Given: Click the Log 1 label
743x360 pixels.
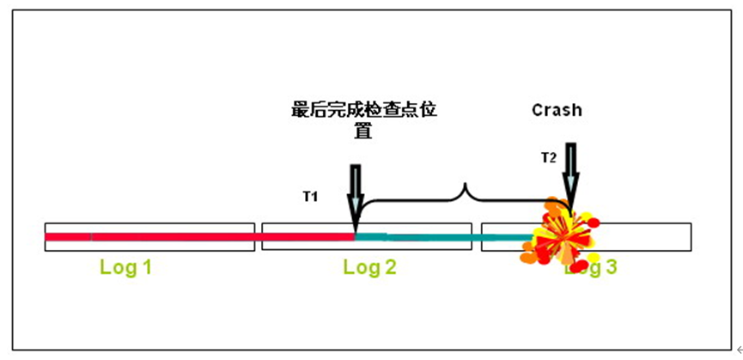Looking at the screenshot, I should pyautogui.click(x=125, y=267).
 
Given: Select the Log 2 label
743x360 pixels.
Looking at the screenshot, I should pyautogui.click(x=369, y=267).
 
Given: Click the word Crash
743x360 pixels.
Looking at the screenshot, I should pyautogui.click(x=557, y=111).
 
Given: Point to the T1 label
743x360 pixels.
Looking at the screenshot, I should pyautogui.click(x=310, y=197).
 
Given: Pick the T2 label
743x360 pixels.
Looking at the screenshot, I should pyautogui.click(x=548, y=157).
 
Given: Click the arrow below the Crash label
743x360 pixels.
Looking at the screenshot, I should pyautogui.click(x=571, y=176).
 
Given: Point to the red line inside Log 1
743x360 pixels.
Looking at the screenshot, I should pyautogui.click(x=150, y=236).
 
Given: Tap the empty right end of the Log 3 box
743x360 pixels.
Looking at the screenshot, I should pyautogui.click(x=653, y=236).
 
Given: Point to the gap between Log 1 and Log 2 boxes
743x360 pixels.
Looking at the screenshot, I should pyautogui.click(x=258, y=236).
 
